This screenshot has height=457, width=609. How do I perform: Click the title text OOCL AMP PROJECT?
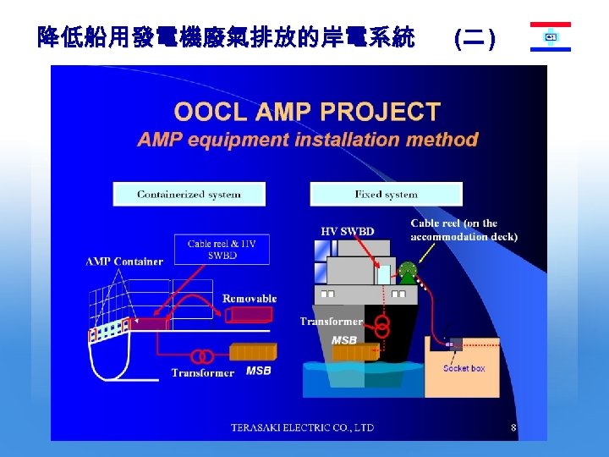[x=307, y=112]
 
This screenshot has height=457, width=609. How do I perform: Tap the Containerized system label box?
[x=189, y=194]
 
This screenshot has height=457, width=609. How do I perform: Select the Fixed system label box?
[x=386, y=194]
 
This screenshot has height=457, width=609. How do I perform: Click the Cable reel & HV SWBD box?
[x=222, y=249]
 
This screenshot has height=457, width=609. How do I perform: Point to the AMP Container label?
[x=124, y=262]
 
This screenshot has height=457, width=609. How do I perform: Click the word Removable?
[x=250, y=298]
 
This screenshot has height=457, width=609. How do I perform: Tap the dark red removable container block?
[x=250, y=315]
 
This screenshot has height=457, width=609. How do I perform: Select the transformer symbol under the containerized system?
[x=201, y=355]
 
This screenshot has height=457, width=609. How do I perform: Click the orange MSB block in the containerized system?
[x=253, y=351]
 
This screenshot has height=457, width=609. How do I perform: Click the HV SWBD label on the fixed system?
[x=347, y=231]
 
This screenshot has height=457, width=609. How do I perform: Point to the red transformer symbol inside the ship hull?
[x=382, y=325]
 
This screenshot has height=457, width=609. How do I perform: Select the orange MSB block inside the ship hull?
[x=354, y=351]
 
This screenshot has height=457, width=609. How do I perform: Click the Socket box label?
[x=464, y=368]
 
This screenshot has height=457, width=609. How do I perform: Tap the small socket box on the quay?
[x=454, y=344]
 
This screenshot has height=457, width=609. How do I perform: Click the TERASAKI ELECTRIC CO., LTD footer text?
[x=302, y=428]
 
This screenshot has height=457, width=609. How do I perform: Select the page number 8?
[x=513, y=427]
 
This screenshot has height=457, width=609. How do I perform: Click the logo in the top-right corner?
[x=551, y=37]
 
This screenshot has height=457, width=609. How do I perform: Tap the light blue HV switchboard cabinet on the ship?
[x=384, y=274]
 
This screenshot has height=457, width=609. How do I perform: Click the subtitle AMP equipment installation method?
[x=307, y=140]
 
